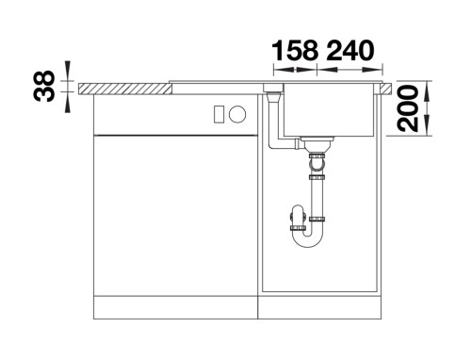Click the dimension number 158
pos(295,50)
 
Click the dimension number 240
pos(350,50)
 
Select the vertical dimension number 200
pos(408,108)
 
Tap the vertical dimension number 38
pos(44,86)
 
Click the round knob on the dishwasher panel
pos(237,114)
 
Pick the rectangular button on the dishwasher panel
pos(219,114)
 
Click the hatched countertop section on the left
pos(125,89)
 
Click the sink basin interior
pos(330,110)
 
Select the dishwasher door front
pos(175,215)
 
